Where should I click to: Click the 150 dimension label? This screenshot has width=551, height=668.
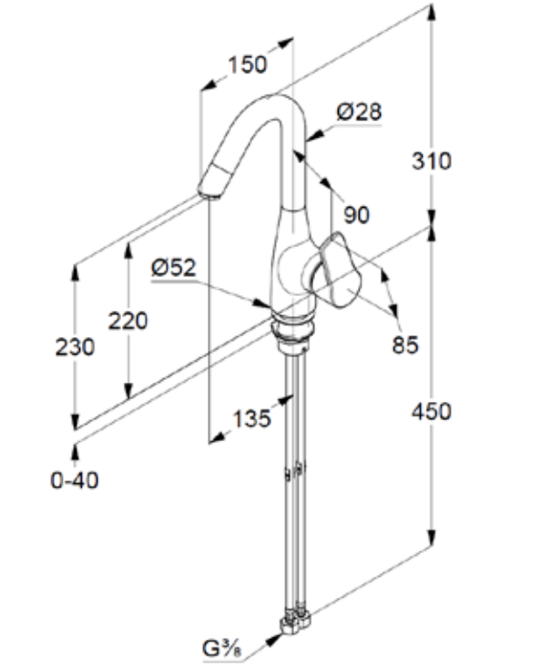tap(248, 65)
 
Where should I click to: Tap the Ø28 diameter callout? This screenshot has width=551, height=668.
tap(359, 112)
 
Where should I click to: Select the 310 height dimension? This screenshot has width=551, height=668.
tap(432, 161)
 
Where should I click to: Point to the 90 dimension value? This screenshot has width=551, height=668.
tap(356, 215)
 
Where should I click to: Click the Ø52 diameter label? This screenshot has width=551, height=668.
tap(173, 267)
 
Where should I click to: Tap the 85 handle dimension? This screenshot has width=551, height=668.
tap(405, 344)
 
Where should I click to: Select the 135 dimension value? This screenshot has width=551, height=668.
tap(251, 418)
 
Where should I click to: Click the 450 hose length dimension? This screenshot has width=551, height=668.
tap(432, 412)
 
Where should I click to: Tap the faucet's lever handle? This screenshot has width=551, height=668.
tap(339, 272)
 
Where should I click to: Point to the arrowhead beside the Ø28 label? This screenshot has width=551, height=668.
tap(311, 138)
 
